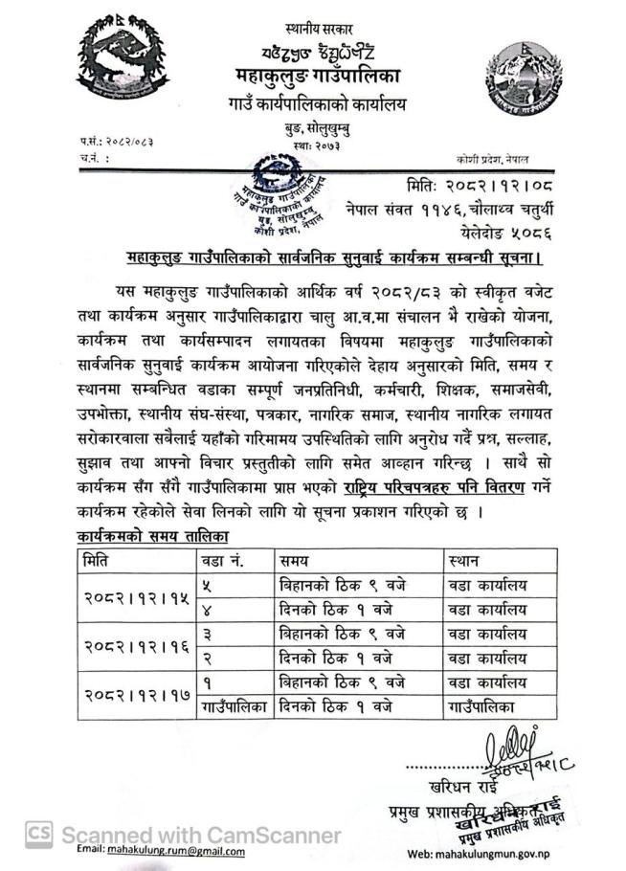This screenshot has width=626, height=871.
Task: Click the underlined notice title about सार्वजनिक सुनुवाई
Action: click(x=334, y=257)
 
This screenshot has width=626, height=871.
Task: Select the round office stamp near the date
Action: click(x=280, y=194)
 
